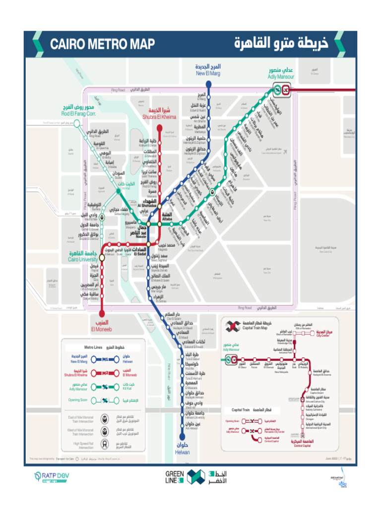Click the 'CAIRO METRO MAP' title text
tap(102, 44)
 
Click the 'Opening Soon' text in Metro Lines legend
tap(78, 400)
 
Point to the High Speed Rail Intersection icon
tap(105, 445)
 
